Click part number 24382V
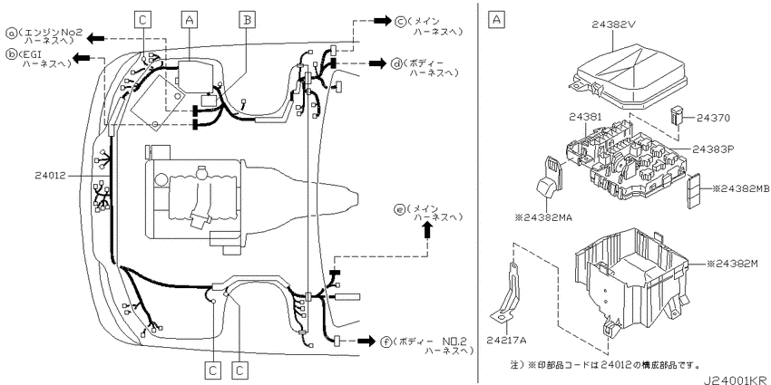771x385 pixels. [x=615, y=24]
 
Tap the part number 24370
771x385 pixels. [x=714, y=118]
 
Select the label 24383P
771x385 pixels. [x=714, y=149]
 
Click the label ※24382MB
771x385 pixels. [x=738, y=189]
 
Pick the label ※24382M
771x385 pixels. [x=733, y=265]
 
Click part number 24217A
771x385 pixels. [x=506, y=340]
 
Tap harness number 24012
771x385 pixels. [x=50, y=175]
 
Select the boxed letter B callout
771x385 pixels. [x=248, y=19]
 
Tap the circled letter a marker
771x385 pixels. [x=11, y=34]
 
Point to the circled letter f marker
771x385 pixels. [x=386, y=342]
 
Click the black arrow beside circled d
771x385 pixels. [x=378, y=63]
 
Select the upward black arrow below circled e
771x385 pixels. [x=427, y=230]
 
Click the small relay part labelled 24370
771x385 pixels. [x=676, y=116]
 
